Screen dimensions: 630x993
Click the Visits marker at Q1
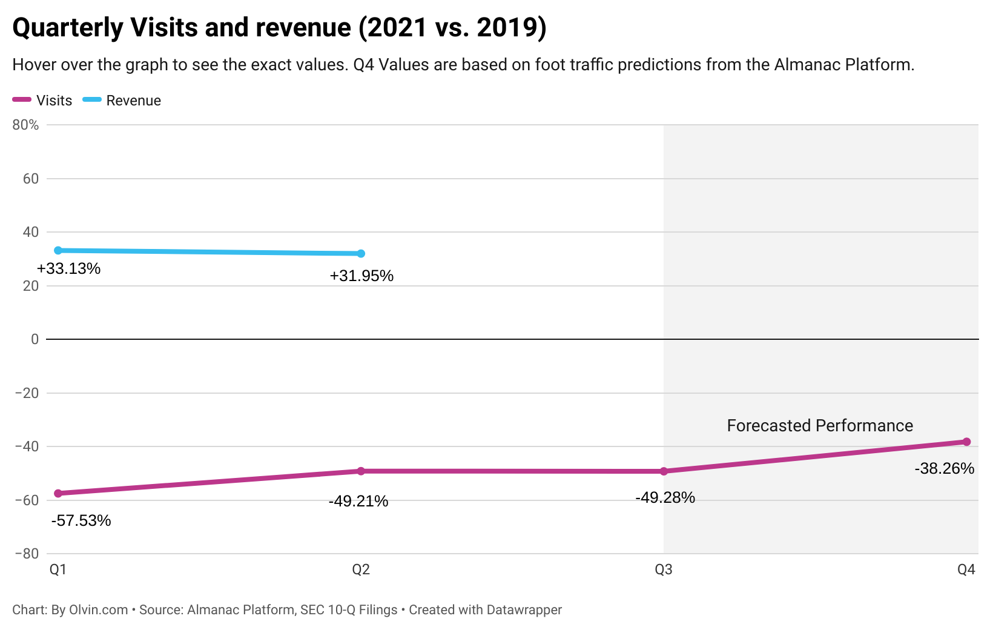(58, 494)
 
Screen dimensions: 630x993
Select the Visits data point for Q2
(361, 471)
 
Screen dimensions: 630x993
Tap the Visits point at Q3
(664, 471)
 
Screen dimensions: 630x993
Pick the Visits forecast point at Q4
(966, 442)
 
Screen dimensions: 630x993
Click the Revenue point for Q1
(58, 250)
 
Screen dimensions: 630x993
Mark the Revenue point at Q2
(361, 253)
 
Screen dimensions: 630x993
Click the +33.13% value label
(68, 268)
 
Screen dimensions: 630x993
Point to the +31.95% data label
(361, 276)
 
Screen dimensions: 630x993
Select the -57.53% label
(81, 520)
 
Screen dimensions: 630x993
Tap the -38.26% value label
(944, 468)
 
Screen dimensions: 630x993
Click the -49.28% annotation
(665, 497)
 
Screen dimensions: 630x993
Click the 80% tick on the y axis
(25, 125)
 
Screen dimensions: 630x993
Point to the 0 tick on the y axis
(35, 339)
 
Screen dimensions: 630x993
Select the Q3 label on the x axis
(664, 569)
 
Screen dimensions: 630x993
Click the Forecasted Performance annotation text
(820, 425)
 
